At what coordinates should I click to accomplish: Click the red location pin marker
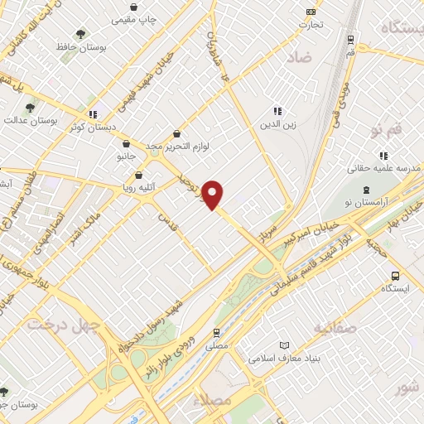tap(214, 194)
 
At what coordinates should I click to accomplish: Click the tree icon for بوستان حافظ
tap(80, 33)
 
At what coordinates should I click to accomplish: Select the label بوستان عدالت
tap(51, 120)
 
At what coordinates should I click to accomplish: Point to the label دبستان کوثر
tap(92, 128)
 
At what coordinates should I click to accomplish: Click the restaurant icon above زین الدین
tap(277, 110)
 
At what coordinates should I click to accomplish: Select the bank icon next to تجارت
tap(311, 12)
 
